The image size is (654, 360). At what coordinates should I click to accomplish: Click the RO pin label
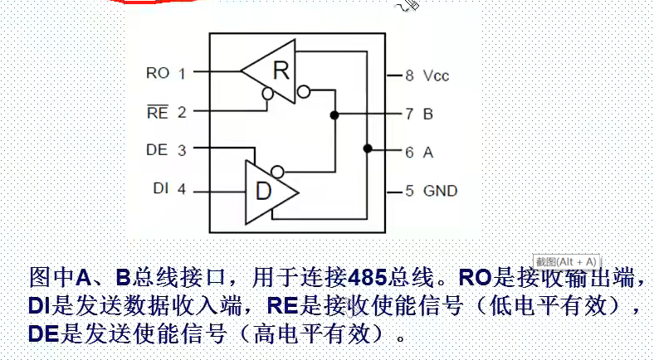[158, 73]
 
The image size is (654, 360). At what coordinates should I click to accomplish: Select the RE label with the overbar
[158, 112]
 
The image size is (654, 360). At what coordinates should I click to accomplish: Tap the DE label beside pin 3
[157, 150]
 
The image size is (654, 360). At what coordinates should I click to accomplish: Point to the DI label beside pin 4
[161, 190]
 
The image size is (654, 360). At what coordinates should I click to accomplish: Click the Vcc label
[436, 75]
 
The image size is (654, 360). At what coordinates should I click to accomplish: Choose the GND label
[441, 191]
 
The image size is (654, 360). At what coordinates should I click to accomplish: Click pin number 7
[409, 114]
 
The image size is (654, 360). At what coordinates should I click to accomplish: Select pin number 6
[409, 153]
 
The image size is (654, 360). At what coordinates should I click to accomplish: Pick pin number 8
[409, 75]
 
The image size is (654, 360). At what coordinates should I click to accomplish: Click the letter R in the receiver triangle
[281, 71]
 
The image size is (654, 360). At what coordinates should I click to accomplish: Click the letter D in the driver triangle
[263, 192]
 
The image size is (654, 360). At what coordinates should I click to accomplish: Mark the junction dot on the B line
[334, 114]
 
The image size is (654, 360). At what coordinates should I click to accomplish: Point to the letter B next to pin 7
[428, 114]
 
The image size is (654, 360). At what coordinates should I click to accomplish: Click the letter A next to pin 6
[428, 153]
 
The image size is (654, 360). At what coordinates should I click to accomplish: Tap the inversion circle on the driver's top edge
[278, 173]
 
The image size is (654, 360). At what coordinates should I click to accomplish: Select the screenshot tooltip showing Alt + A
[567, 260]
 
